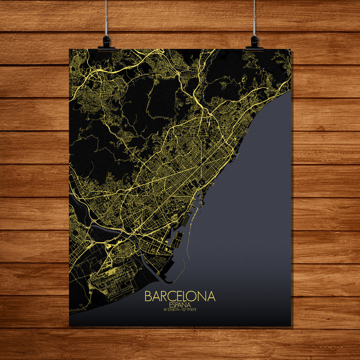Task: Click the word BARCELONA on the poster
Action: [180, 296]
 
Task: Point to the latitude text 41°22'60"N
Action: [171, 309]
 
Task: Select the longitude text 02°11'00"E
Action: [189, 309]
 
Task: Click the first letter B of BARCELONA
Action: [148, 296]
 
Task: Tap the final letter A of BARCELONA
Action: [211, 296]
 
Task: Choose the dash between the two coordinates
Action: [180, 309]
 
